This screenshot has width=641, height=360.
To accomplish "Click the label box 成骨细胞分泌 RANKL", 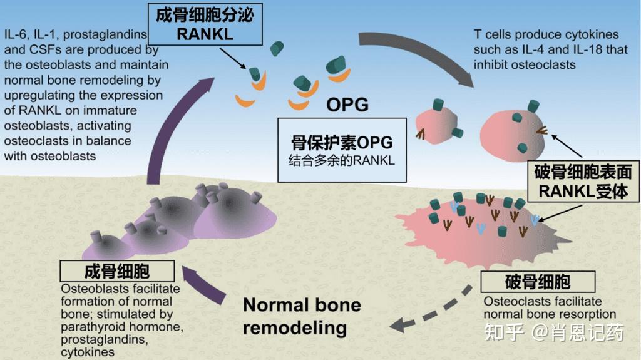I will pyautogui.click(x=205, y=24).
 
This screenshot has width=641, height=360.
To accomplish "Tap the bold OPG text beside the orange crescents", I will pyautogui.click(x=347, y=104).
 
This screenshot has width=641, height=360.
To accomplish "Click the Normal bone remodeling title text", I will pyautogui.click(x=302, y=316).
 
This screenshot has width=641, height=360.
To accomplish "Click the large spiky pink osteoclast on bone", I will pyautogui.click(x=482, y=229).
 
